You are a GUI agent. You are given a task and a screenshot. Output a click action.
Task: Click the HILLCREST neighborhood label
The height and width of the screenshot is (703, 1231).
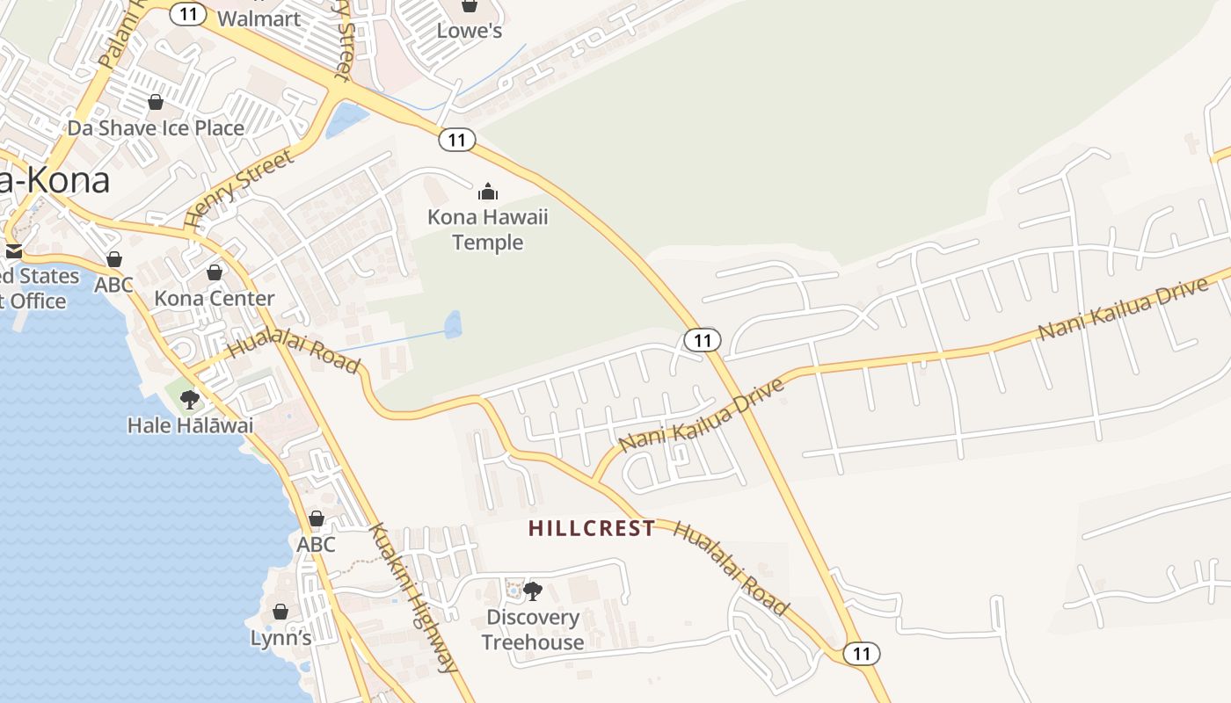pos(592,528)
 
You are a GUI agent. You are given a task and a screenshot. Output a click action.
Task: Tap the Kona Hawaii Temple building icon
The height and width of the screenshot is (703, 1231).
pos(488,192)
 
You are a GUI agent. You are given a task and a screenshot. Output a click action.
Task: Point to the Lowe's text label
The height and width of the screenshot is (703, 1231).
pos(470,31)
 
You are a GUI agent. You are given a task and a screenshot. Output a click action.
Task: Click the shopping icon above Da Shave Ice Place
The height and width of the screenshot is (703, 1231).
pos(156,102)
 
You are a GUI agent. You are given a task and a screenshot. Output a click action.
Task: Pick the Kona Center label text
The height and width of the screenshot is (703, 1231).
pos(215,299)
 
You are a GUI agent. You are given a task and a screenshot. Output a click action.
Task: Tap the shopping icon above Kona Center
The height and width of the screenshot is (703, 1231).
pos(215,272)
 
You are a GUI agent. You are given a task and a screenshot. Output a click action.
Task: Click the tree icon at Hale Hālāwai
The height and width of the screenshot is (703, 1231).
pos(189,401)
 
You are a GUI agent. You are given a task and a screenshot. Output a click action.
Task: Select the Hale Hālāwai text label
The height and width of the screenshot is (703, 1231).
pos(190,425)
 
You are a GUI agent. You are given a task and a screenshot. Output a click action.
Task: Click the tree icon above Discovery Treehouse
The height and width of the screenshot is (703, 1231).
pos(533,591)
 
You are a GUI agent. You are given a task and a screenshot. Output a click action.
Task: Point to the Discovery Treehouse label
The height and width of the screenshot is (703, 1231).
pos(533,629)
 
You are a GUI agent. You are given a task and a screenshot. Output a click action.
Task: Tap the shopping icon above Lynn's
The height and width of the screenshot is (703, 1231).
pos(280,612)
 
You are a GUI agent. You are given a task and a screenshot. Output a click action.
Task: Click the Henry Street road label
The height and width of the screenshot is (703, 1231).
pos(239,189)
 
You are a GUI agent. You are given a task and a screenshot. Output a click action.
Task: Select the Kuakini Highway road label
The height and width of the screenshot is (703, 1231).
pos(413,598)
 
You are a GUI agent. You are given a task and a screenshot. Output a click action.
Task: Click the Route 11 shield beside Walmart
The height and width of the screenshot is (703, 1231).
pos(187,14)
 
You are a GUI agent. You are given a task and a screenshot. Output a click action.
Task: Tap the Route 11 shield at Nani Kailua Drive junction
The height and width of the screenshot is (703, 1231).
pos(703,340)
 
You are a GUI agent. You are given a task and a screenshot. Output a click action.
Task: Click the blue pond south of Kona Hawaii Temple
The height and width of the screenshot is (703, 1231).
pos(453,324)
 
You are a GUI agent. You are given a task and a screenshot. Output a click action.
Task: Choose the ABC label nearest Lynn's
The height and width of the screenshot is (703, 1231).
pos(316,544)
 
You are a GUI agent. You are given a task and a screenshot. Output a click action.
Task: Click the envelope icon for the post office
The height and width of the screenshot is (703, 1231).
pos(13,251)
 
